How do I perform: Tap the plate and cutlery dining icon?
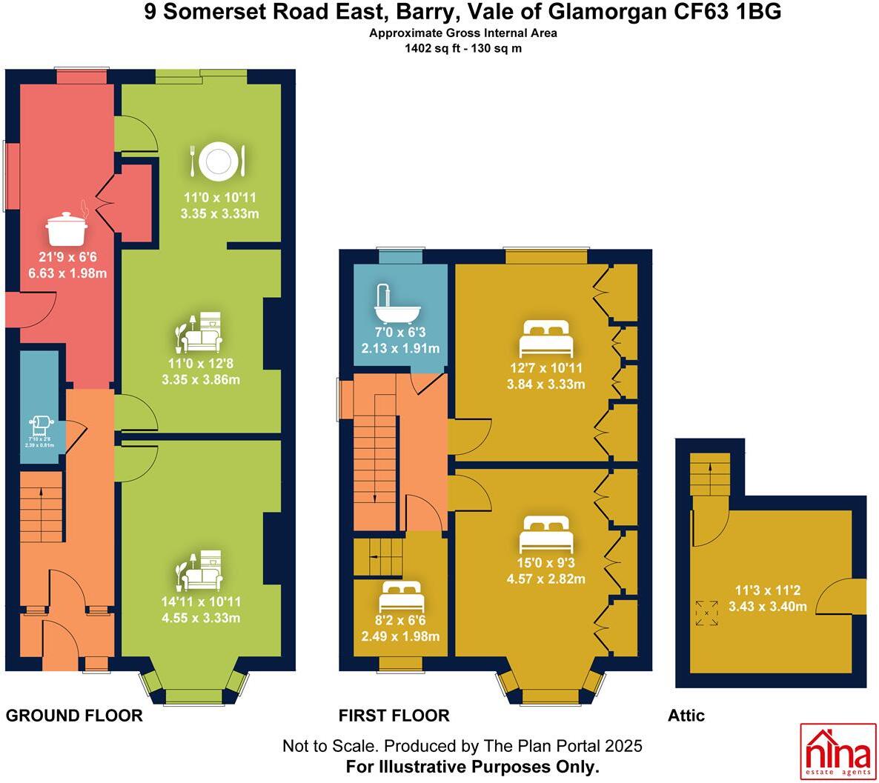[x=217, y=161]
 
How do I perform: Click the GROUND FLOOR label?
[x=74, y=716]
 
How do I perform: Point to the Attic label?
[x=686, y=716]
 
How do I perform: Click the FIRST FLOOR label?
[x=394, y=716]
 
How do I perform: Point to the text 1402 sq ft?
[x=431, y=49]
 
